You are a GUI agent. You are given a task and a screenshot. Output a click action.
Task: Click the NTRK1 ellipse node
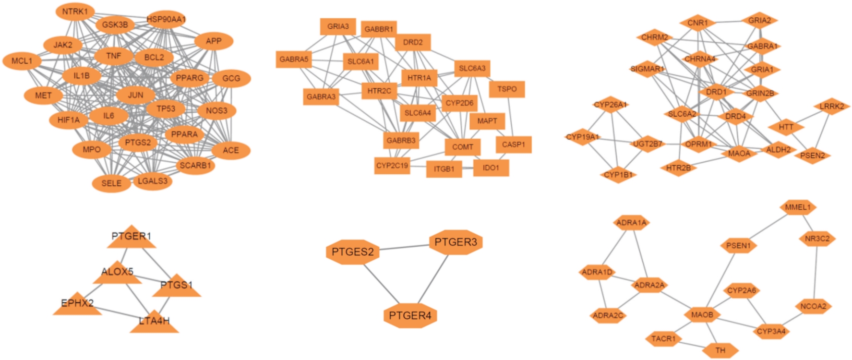75,12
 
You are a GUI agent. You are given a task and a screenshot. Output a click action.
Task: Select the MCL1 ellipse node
22,61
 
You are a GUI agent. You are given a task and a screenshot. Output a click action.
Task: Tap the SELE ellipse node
111,183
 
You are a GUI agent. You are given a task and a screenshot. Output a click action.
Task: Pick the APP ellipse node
214,41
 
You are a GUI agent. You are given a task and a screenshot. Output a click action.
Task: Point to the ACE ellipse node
231,150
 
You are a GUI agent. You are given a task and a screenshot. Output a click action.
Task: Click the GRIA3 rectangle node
338,26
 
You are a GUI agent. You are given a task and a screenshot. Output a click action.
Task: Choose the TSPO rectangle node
507,89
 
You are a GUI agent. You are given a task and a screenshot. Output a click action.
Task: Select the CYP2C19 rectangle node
392,166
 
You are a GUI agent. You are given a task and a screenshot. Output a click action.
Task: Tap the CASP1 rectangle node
514,144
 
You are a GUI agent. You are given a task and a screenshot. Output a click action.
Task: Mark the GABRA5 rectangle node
294,60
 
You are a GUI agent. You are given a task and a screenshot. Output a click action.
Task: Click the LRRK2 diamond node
832,107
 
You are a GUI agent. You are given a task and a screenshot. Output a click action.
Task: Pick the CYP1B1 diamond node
618,175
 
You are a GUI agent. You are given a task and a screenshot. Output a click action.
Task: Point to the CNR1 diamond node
697,23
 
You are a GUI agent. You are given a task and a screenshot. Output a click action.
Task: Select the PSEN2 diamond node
813,156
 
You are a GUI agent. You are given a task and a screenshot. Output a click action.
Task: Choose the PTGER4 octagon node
410,316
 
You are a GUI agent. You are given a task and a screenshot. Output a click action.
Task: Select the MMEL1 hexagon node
798,207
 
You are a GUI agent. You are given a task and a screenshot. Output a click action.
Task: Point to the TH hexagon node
720,350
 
